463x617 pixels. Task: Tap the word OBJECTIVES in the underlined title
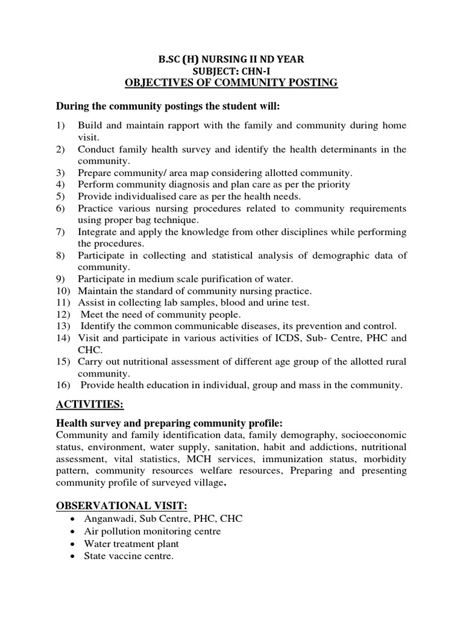(158, 83)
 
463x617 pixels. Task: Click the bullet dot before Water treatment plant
(72, 545)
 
